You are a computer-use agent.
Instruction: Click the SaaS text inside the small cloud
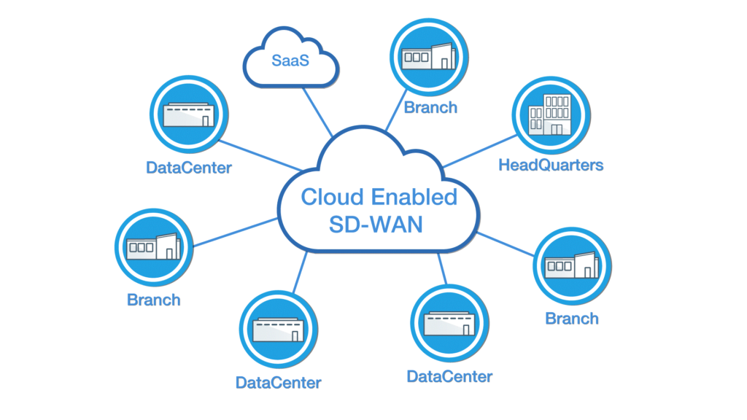(290, 61)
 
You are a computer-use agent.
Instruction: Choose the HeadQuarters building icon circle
(551, 116)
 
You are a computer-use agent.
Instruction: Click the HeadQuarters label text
(551, 165)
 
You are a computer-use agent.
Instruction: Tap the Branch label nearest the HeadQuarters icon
(430, 107)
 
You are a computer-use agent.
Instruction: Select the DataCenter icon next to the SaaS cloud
(188, 117)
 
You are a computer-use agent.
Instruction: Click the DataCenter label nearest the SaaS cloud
(188, 168)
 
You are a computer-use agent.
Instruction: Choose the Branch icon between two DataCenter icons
(154, 247)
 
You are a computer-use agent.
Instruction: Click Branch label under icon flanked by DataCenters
(154, 299)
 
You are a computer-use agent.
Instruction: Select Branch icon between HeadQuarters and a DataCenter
(573, 265)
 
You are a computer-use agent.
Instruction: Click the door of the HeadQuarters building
(557, 128)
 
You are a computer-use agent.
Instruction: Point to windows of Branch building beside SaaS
(417, 57)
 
